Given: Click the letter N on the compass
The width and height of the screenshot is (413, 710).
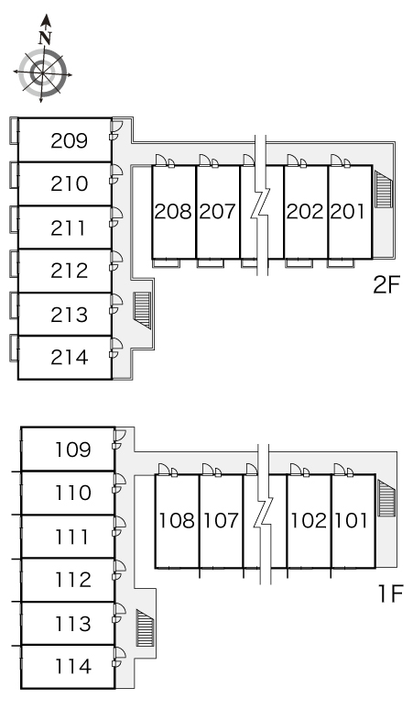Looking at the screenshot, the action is coord(44,38).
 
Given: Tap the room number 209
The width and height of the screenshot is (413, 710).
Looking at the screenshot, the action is coord(69,141).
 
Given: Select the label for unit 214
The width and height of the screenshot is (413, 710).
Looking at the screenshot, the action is coord(69,357).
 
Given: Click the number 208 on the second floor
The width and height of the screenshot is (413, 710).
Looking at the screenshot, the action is coord(173,212).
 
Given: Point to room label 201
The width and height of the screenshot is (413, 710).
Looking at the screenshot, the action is coord(347,212).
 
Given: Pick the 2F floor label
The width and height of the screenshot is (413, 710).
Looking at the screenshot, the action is coord(387,284).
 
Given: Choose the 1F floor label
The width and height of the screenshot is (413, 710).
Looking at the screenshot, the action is coord(390,594).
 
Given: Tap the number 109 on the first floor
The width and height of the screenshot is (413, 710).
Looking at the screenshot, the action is coord(73,449).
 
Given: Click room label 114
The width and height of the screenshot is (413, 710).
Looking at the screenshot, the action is coord(73,666).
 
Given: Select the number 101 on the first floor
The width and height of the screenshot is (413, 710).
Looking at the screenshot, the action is coord(351,520).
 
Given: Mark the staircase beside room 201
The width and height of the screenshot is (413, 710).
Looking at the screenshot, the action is coord(384,189).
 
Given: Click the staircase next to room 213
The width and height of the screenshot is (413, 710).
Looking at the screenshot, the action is coord(142,310).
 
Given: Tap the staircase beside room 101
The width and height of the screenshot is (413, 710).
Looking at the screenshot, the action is coord(386,498).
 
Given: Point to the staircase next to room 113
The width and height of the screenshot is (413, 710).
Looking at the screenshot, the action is coord(145,628).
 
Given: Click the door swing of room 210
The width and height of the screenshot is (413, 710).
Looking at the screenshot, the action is coord(116,174).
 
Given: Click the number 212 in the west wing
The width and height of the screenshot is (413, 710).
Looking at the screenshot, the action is coord(69,271).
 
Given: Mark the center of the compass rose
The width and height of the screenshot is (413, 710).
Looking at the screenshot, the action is coord(42,72).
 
